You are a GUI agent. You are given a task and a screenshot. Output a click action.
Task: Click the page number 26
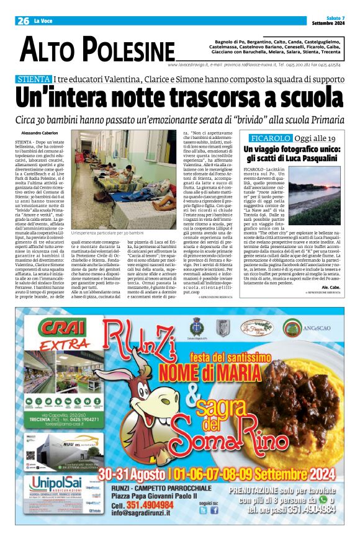[x=24, y=20]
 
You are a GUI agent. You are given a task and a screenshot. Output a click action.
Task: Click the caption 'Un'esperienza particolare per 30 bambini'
[x=111, y=214]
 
